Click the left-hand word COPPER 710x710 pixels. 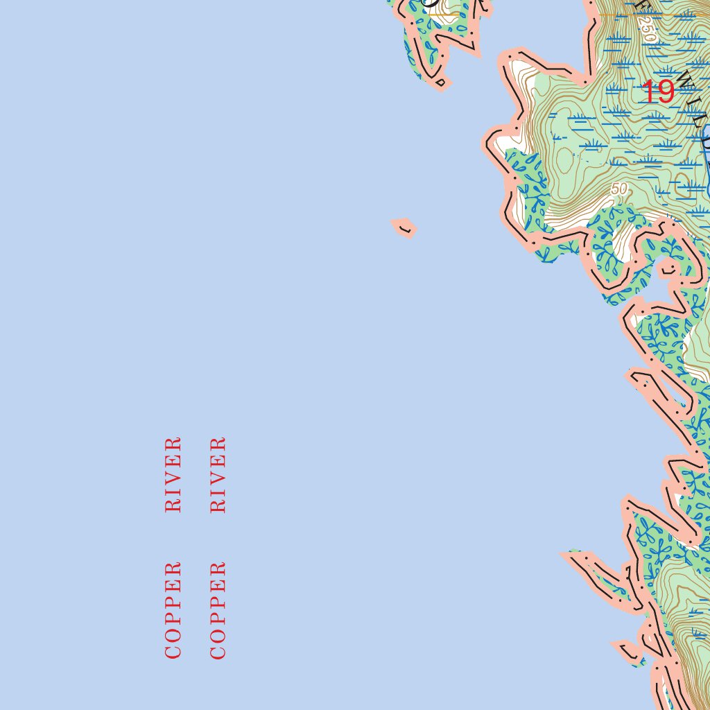(173, 609)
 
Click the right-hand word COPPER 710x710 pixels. (218, 609)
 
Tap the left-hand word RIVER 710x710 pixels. (173, 474)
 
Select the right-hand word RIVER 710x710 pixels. (218, 474)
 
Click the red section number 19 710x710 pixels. (657, 92)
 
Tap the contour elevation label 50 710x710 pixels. (619, 189)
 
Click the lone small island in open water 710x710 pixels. (404, 227)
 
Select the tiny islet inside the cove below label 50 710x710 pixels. (669, 268)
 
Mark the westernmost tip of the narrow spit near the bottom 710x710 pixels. (563, 554)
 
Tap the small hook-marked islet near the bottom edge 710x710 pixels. (628, 652)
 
